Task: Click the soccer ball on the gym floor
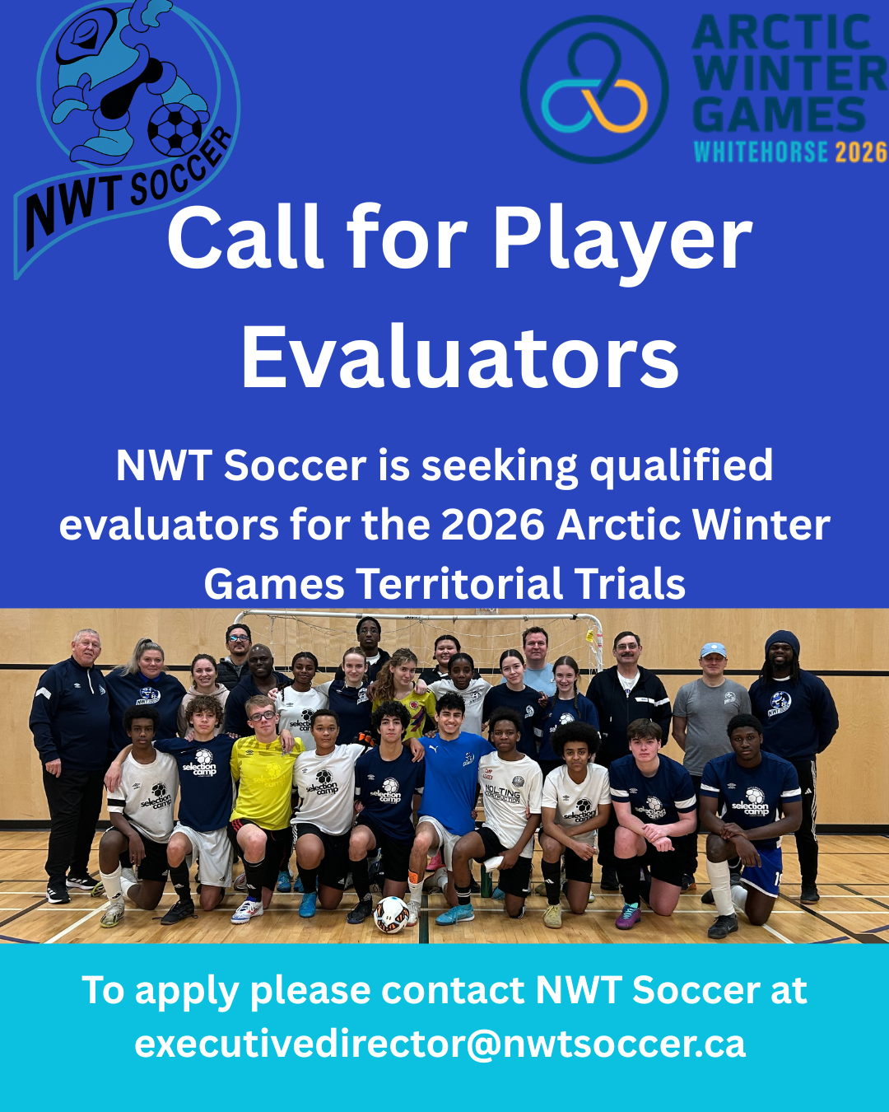391,914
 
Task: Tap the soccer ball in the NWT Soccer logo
175,129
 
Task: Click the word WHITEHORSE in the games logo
761,152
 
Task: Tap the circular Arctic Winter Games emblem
594,90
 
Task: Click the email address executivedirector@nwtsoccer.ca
440,1044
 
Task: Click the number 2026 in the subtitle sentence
493,525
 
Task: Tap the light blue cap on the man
713,650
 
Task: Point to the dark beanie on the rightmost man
782,642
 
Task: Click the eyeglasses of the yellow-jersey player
263,716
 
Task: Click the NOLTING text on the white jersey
503,790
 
